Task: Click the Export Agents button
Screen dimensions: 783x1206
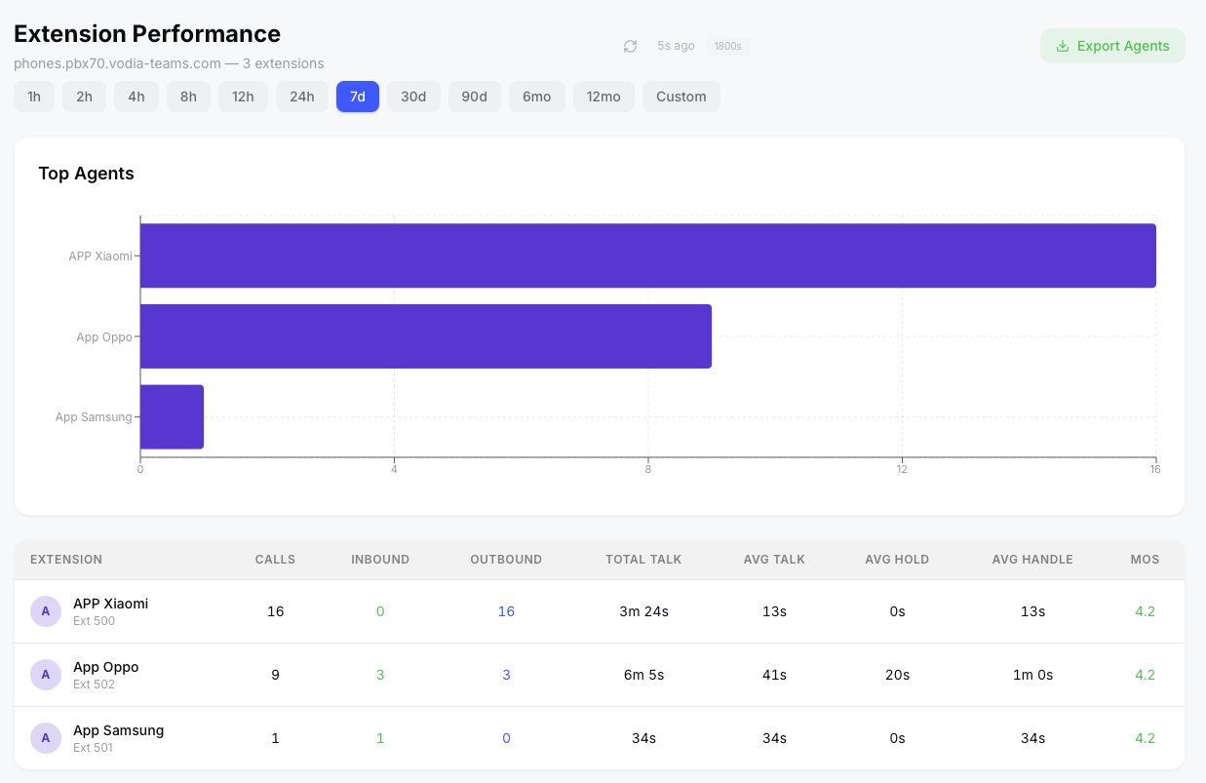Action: coord(1112,46)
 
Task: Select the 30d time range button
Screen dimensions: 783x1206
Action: coord(413,97)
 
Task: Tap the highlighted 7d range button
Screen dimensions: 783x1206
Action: coord(358,97)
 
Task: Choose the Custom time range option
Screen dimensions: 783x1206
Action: coord(681,97)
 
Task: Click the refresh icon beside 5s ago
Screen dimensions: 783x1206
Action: coord(631,46)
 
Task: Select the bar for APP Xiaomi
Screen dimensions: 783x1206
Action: coord(647,255)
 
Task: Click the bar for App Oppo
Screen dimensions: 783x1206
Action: coord(425,336)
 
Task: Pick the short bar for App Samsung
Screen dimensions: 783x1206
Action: coord(172,416)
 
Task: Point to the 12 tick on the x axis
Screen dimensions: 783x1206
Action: coord(902,470)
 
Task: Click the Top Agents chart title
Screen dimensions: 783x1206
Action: coord(86,174)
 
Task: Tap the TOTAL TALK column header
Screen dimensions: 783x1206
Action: coord(643,560)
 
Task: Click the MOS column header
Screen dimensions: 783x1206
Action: coord(1145,560)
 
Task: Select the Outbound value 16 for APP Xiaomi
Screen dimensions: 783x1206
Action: coord(506,611)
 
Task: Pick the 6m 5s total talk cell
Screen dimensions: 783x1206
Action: coord(643,675)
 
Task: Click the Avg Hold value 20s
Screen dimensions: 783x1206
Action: coord(897,675)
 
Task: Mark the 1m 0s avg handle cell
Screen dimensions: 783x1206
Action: coord(1032,675)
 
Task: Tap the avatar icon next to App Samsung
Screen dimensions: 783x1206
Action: coord(46,738)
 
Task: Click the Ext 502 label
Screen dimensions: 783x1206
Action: coord(94,685)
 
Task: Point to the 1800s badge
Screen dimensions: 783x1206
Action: coord(727,46)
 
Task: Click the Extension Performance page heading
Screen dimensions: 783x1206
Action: coord(147,34)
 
